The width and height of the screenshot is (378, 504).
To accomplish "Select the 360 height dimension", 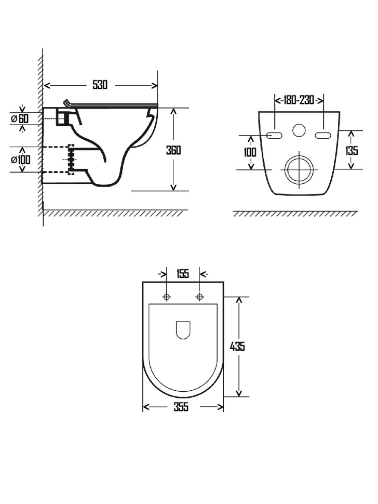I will (173, 150).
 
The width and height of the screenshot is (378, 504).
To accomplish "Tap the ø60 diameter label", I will (20, 118).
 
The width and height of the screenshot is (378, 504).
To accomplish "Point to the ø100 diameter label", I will (20, 159).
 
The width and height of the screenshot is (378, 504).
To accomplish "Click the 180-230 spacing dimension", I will (299, 100).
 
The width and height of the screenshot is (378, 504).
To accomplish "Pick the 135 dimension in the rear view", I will (352, 150).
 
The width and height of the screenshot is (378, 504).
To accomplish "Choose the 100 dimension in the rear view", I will (250, 152).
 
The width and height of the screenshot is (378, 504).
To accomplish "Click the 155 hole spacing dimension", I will (183, 274).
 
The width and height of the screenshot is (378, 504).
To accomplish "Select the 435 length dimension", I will (237, 346).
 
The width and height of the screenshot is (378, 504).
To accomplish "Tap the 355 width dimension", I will (182, 407).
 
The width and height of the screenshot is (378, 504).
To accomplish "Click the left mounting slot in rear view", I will (275, 136).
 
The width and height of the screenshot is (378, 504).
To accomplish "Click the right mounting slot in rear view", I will (322, 136).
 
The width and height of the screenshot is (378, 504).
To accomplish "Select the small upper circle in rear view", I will (299, 130).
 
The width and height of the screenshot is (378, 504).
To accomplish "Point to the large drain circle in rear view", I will (299, 169).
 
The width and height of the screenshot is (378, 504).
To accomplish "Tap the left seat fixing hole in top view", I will (167, 297).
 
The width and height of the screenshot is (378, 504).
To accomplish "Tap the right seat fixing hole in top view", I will (200, 297).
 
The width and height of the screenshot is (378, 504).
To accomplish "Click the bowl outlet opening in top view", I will (183, 329).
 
